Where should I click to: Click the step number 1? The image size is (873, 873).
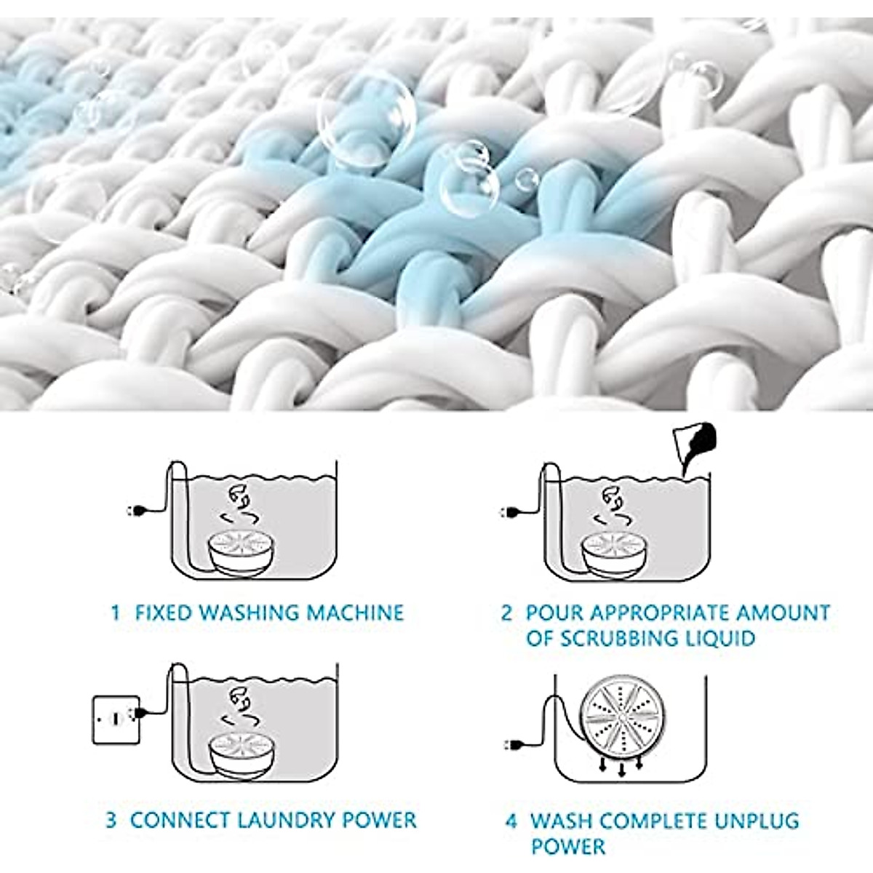coord(115,613)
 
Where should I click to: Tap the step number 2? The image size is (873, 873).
coord(506,613)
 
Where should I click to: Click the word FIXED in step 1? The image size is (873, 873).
coord(164,613)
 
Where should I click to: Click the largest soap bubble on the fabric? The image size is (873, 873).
coord(367,113)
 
